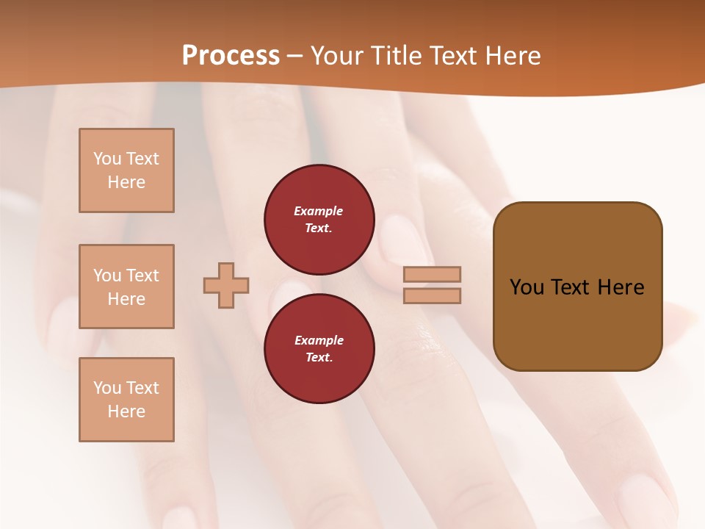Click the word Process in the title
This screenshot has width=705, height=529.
tap(231, 55)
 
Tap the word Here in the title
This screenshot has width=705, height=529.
tap(511, 55)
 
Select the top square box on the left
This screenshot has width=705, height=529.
tap(126, 170)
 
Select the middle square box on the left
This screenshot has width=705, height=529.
tap(126, 287)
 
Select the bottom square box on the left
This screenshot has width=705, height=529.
tap(126, 400)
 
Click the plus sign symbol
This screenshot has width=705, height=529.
tap(226, 285)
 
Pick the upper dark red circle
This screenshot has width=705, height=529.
tap(319, 220)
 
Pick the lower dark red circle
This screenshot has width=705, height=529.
tap(319, 349)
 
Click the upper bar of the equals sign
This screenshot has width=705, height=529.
tap(432, 274)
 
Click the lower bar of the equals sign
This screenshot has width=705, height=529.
tap(432, 295)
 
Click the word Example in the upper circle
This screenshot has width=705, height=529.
tap(319, 211)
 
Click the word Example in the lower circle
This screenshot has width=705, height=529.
tap(319, 340)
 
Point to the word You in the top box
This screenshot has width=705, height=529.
tap(107, 159)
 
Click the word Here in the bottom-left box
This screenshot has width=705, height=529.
tap(126, 411)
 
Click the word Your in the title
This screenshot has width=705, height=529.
tap(336, 55)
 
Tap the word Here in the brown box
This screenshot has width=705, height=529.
tap(621, 287)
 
